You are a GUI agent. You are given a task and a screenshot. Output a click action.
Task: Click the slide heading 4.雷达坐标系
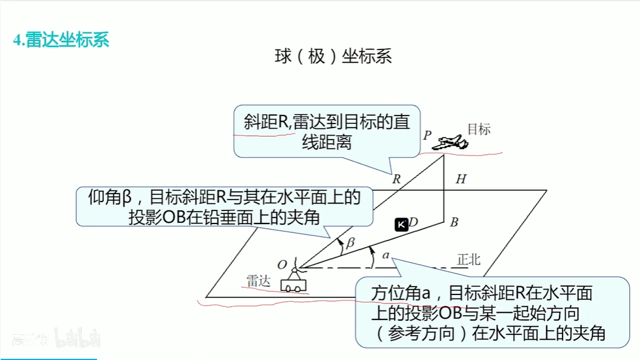[61, 41]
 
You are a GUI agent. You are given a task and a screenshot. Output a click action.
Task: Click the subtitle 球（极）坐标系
[333, 57]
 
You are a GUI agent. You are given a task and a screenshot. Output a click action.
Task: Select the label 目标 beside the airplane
[479, 129]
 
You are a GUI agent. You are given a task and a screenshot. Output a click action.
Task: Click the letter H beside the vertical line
[461, 179]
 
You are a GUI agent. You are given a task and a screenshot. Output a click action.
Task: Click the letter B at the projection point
[454, 223]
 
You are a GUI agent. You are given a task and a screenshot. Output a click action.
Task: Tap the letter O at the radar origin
[282, 264]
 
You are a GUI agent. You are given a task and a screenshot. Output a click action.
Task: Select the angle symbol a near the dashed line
[386, 255]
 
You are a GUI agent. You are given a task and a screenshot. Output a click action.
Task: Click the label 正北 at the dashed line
[468, 260]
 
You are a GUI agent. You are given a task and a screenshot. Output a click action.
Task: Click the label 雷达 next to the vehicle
[259, 281]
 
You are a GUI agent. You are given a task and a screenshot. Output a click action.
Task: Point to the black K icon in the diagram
[402, 224]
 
